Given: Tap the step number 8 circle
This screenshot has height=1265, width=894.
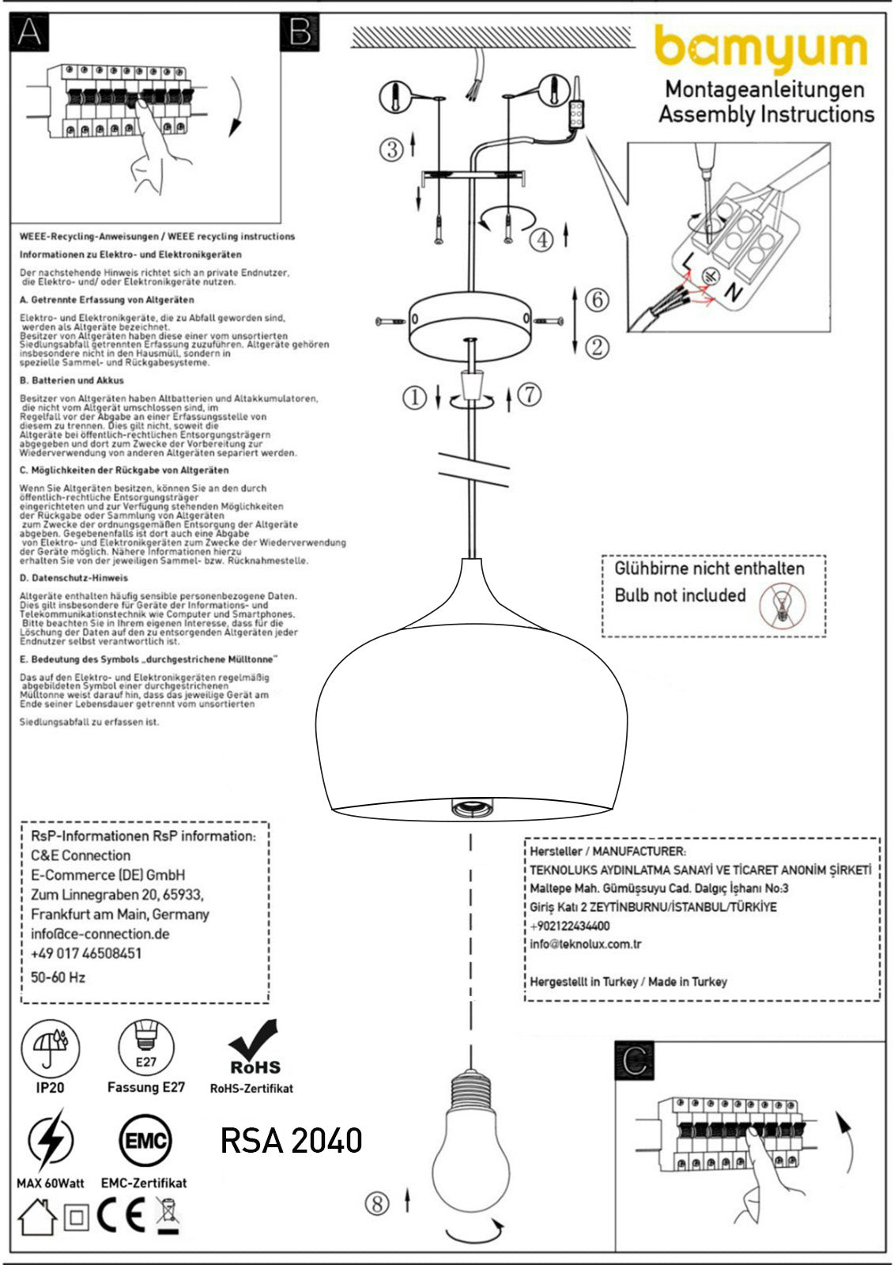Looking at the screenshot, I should coord(377,1203).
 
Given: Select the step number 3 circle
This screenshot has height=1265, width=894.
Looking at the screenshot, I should coord(391,149).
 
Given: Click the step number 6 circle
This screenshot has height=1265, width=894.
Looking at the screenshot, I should coord(598,300).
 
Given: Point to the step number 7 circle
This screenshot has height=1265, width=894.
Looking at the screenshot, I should coord(530,393).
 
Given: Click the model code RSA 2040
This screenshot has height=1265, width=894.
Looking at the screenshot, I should coord(291,1140).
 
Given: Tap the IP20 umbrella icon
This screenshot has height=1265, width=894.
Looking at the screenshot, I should coord(50,1048).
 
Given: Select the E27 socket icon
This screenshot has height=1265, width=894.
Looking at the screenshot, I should coord(146,1047).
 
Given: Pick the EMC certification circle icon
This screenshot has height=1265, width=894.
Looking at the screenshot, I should coord(145,1141).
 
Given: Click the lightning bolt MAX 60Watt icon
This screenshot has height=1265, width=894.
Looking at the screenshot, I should coord(50,1141).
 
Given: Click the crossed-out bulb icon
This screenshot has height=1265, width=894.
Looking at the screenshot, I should coord(780,606).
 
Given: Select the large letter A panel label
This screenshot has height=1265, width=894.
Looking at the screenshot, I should coord(29,32).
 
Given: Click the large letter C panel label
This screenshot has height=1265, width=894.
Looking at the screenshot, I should coord(634,1060).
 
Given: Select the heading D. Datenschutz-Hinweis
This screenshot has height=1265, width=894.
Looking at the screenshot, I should coord(74,578).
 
